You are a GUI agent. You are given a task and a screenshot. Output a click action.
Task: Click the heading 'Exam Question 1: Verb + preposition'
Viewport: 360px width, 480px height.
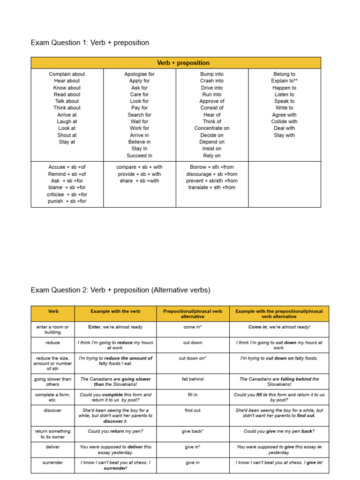point(90,43)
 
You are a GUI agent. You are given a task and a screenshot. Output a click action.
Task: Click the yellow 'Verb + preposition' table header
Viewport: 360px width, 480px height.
point(183,63)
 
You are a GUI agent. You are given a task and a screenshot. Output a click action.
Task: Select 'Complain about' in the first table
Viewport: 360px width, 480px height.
point(67,74)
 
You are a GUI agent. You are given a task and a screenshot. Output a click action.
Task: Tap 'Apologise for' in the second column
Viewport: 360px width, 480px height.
point(139,74)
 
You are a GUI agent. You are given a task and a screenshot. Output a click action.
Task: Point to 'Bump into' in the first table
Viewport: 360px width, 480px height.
point(212,74)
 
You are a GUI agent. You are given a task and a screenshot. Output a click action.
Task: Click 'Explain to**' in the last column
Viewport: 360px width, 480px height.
point(285,81)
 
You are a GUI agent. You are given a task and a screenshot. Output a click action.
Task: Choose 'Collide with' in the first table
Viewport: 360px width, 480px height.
point(285,121)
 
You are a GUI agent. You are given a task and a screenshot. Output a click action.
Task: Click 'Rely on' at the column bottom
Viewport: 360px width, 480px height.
point(212,156)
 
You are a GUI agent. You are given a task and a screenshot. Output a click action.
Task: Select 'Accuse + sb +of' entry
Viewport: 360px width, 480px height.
point(67,167)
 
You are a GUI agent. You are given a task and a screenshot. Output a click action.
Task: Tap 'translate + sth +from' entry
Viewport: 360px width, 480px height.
point(212,187)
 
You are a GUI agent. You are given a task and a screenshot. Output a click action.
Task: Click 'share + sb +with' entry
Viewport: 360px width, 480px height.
point(139,180)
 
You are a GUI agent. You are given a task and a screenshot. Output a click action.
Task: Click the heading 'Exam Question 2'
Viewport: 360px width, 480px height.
point(120,290)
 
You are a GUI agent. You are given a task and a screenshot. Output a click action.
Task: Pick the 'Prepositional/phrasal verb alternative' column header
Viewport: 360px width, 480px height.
point(193,314)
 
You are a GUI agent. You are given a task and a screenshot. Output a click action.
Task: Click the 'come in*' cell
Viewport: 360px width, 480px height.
point(193,327)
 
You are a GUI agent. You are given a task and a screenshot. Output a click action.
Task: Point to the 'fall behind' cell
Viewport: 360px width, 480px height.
point(193,379)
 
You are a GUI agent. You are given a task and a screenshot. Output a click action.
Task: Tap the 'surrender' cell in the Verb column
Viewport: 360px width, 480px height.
point(53,463)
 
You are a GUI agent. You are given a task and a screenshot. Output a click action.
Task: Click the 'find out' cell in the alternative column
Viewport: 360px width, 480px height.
point(193,410)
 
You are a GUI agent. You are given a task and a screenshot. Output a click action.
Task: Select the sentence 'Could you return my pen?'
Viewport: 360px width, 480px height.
point(115,431)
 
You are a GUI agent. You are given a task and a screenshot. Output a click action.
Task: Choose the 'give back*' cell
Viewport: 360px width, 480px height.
point(193,431)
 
